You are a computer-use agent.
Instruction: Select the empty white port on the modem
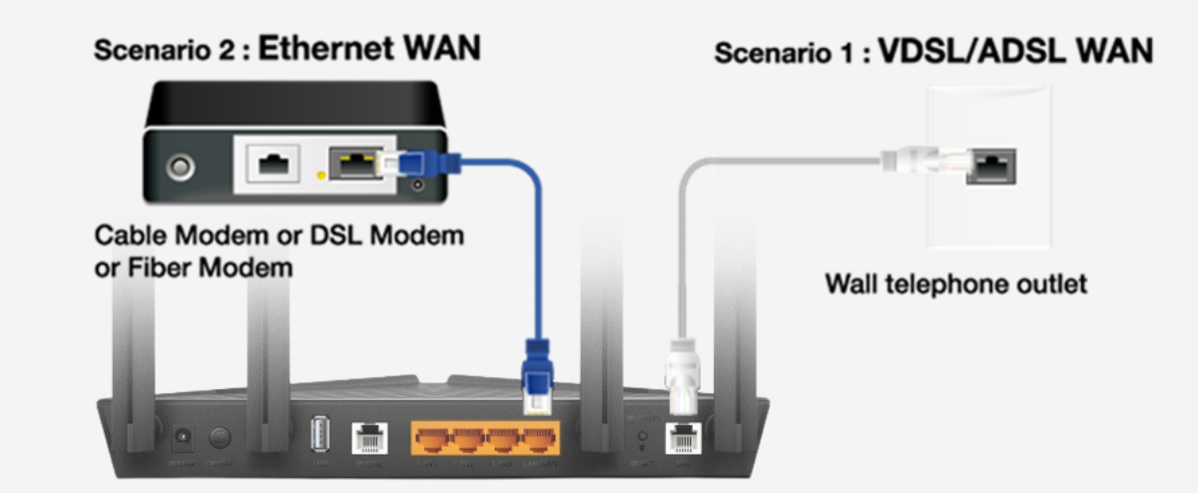[270, 164]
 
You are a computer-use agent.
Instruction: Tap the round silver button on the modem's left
[181, 166]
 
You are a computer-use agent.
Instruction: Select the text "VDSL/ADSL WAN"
[1014, 52]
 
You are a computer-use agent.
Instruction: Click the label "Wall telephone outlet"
[954, 284]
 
